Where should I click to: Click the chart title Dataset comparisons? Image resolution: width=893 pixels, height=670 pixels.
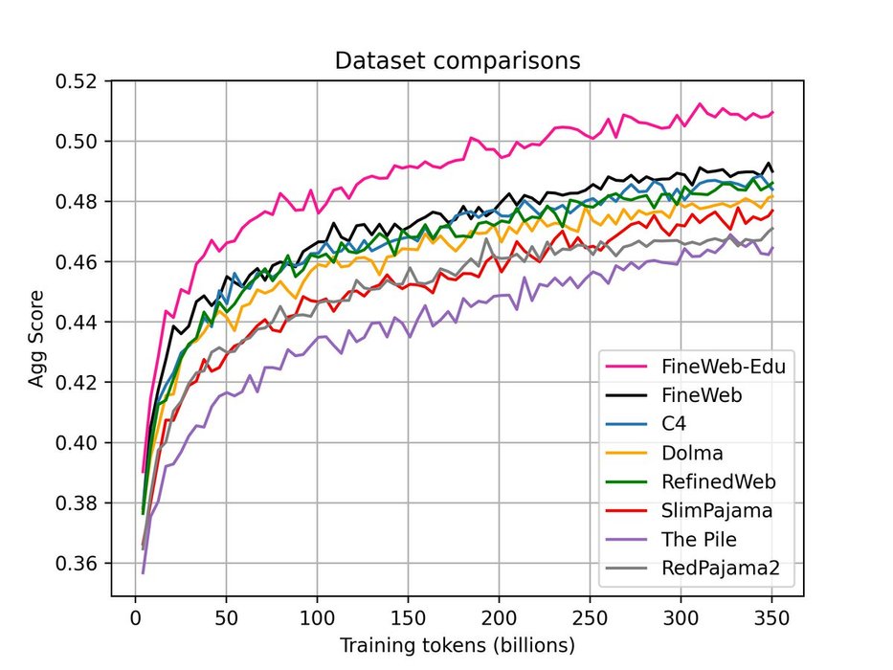click(x=457, y=61)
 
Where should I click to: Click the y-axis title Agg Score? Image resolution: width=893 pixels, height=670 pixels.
click(x=36, y=339)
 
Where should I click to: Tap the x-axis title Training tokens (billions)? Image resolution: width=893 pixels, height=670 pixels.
click(x=457, y=645)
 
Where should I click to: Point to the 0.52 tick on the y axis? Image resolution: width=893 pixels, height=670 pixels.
click(x=79, y=81)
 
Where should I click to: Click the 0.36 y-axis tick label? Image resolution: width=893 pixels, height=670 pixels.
click(x=79, y=563)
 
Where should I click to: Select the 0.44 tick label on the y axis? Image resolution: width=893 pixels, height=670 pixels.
click(x=79, y=323)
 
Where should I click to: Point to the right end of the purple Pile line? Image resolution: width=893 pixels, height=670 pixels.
click(x=772, y=248)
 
